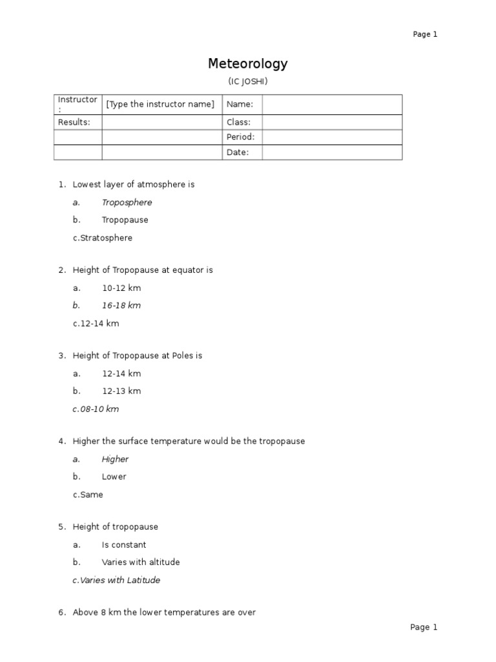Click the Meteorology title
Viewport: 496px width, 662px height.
point(247,64)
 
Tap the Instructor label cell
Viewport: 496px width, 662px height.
point(77,104)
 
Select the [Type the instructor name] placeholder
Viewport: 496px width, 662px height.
point(160,104)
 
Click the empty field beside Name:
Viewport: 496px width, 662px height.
point(331,104)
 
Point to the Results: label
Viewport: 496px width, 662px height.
point(74,122)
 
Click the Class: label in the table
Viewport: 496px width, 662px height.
point(238,122)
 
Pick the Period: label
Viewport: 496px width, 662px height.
point(240,137)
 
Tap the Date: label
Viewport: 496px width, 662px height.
point(236,153)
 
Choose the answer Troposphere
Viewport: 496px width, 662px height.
point(127,202)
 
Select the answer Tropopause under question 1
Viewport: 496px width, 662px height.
point(125,220)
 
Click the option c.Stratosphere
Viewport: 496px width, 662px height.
point(103,238)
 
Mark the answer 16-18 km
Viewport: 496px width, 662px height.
point(121,305)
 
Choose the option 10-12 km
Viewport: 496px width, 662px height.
point(121,288)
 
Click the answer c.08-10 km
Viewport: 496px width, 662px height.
point(96,409)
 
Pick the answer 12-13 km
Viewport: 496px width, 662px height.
point(121,390)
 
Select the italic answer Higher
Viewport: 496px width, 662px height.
point(115,459)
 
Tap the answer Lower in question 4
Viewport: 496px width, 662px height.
point(114,476)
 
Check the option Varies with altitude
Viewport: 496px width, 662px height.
point(140,562)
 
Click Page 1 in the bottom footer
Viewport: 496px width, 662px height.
point(424,627)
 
